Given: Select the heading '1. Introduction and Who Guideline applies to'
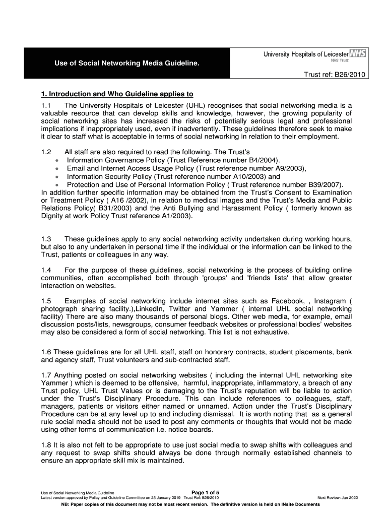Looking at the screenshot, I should coord(117,94).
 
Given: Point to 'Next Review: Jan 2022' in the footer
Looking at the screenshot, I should coord(337,498).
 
